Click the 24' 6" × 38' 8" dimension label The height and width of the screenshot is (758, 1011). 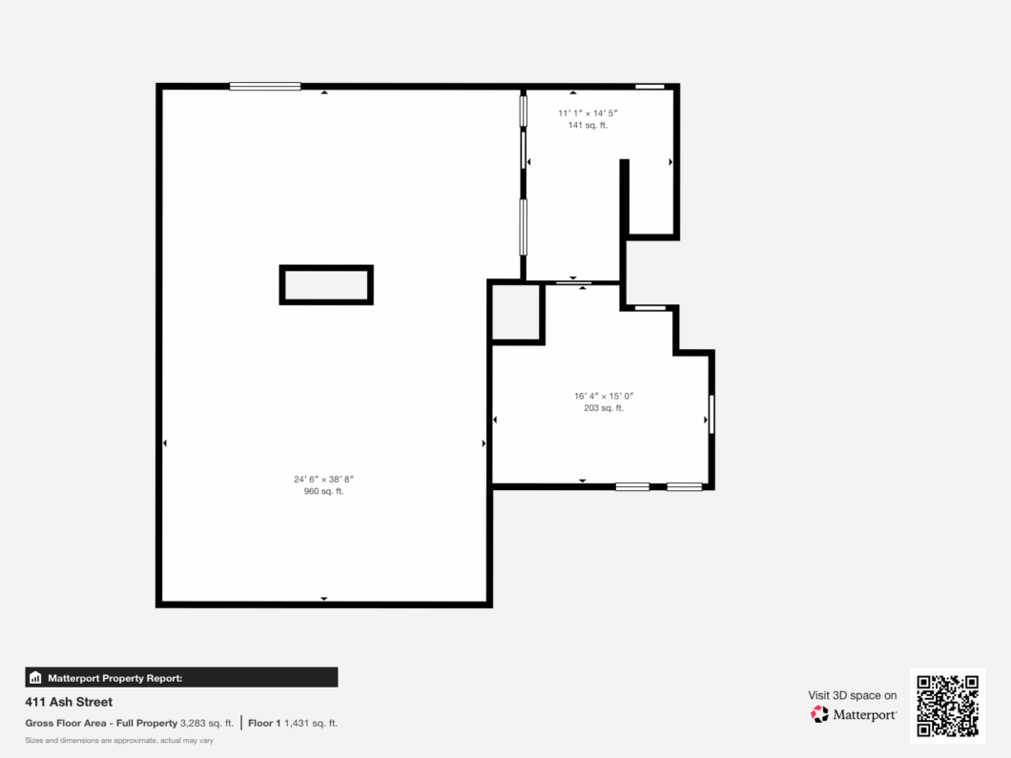click(323, 479)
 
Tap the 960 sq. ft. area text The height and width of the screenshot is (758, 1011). click(323, 491)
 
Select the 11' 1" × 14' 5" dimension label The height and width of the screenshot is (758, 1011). click(588, 113)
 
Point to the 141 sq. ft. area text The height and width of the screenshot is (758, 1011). click(588, 125)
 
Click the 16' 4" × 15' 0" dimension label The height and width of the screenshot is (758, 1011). click(604, 397)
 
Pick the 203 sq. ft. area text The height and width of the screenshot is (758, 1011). click(604, 408)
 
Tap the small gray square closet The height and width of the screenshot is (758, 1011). click(516, 312)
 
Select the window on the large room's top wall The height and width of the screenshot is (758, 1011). click(265, 87)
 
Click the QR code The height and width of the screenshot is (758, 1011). click(948, 706)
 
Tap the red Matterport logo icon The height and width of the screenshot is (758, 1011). click(819, 714)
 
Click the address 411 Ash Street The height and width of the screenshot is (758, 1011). click(69, 702)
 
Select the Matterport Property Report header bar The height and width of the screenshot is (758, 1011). click(181, 677)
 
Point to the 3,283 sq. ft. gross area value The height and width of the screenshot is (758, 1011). click(206, 723)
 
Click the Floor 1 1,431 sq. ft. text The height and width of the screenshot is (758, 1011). click(293, 723)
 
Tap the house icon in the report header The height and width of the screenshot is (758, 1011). click(35, 677)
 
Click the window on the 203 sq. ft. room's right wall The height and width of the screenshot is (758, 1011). click(712, 415)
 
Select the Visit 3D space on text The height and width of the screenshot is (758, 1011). click(853, 695)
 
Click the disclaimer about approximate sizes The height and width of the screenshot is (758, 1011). click(119, 741)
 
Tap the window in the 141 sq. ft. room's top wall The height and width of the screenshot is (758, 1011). click(650, 87)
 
